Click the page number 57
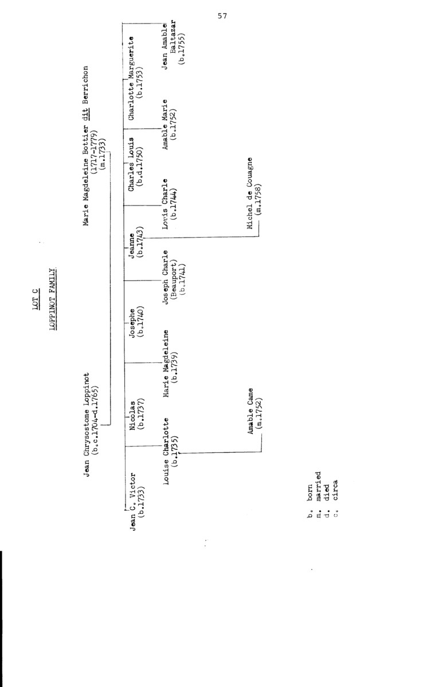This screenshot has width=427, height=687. (x=222, y=16)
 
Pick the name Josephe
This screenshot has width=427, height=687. (x=132, y=325)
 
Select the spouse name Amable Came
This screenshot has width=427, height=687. (x=250, y=411)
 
